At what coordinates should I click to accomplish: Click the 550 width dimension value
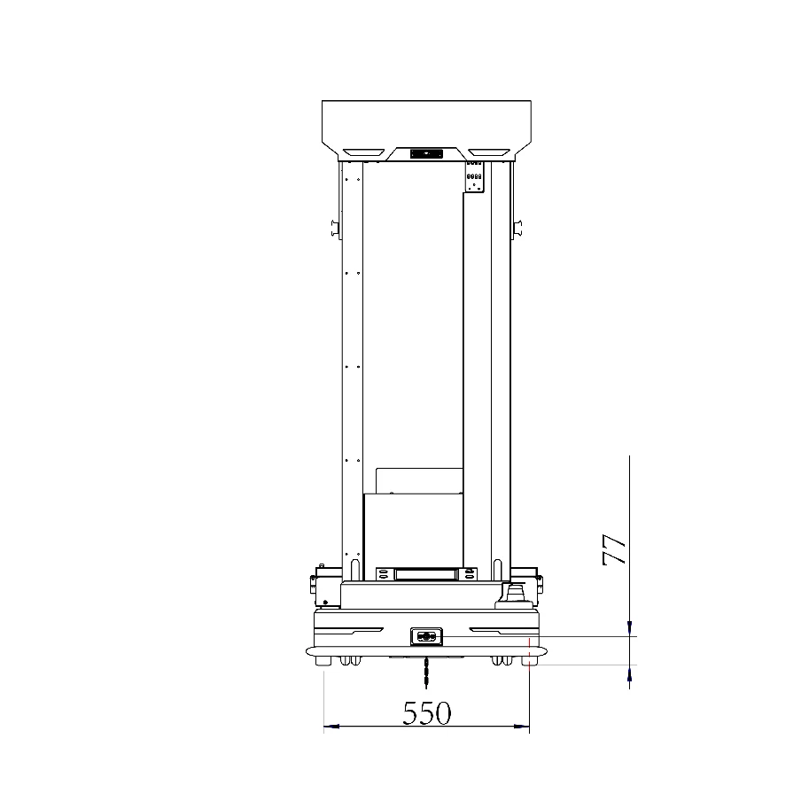(x=427, y=713)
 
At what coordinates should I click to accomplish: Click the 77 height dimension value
(x=614, y=549)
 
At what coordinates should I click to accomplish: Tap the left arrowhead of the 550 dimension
(x=331, y=726)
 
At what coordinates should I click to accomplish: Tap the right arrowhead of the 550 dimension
(x=522, y=726)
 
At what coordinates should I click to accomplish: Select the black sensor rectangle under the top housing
(x=427, y=154)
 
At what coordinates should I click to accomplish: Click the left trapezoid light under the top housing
(x=364, y=152)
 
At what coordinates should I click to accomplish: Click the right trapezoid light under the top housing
(x=489, y=152)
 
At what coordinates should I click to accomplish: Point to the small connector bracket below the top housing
(x=475, y=177)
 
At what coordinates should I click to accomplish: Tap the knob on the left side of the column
(x=336, y=227)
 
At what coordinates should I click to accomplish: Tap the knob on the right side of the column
(x=517, y=227)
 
